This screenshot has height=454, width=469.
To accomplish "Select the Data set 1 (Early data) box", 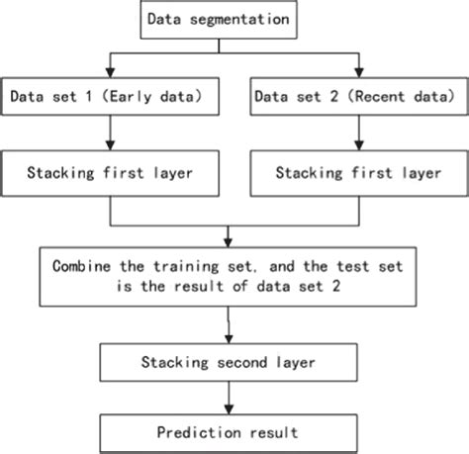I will coord(110,97).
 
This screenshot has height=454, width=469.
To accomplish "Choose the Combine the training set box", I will coord(229,277).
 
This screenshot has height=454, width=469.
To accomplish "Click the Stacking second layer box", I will coord(229,362).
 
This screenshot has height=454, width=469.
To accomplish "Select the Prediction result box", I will coord(229,431).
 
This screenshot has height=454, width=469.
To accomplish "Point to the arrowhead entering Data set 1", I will coord(110,72).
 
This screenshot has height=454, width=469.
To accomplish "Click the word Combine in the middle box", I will coord(79,265).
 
